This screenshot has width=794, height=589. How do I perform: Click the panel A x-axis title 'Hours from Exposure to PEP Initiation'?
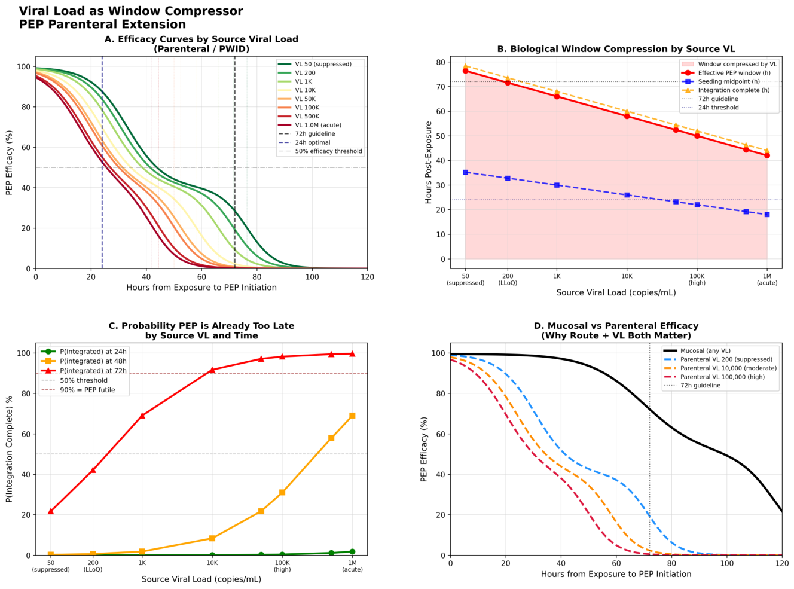[x=201, y=288]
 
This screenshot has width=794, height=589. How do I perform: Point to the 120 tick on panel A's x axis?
[x=367, y=277]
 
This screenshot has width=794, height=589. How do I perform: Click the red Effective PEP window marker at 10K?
[x=627, y=116]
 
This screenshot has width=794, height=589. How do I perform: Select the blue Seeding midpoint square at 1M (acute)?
[x=767, y=215]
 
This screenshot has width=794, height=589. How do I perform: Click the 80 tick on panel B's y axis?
[x=441, y=62]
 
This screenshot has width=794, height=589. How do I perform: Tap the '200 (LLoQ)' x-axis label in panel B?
[x=508, y=279]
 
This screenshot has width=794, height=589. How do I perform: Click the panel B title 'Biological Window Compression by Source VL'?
[x=616, y=49]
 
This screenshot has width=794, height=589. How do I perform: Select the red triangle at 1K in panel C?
[x=142, y=416]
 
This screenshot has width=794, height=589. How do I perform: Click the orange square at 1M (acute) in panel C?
[x=352, y=416]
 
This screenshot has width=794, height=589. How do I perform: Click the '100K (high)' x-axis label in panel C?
[x=282, y=566]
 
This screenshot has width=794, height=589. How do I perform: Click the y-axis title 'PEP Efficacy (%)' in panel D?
[x=424, y=449]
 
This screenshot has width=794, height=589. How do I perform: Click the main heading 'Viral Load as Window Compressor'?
[x=131, y=11]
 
